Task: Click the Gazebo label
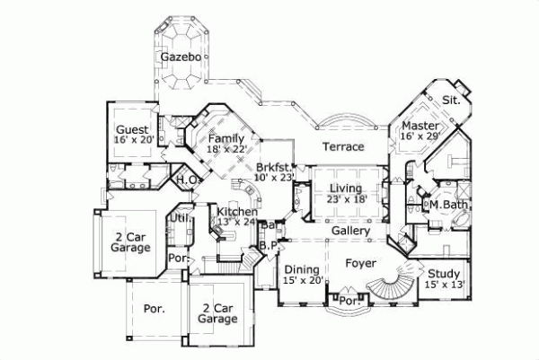pos(181,57)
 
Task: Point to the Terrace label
pos(343,146)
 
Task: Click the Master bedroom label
pos(420,126)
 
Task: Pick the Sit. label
pos(451,100)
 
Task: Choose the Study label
pos(444,274)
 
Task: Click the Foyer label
pos(361,264)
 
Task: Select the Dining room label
pos(301,269)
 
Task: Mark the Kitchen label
pos(233,211)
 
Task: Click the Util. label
pos(181,217)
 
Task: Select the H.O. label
pos(186,180)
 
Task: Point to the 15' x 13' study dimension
pos(444,285)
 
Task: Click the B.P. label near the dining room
pos(267,244)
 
